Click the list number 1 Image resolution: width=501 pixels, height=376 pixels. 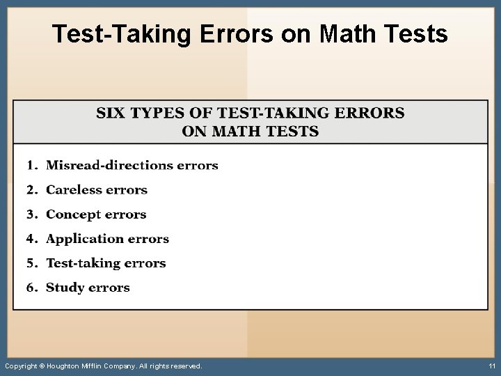[x=31, y=165]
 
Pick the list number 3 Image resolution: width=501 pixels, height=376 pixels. [x=31, y=214]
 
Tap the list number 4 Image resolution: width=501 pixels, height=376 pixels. [x=31, y=239]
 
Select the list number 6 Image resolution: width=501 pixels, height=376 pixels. [x=31, y=288]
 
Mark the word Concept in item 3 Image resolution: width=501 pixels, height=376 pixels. [x=73, y=214]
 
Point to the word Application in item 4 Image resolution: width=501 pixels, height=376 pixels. [x=84, y=239]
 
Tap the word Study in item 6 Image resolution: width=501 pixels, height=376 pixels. [x=63, y=288]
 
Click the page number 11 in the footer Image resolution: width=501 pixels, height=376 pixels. [x=491, y=366]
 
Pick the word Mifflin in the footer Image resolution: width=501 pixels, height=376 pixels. [x=96, y=366]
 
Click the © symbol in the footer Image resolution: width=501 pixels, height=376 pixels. [x=41, y=366]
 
